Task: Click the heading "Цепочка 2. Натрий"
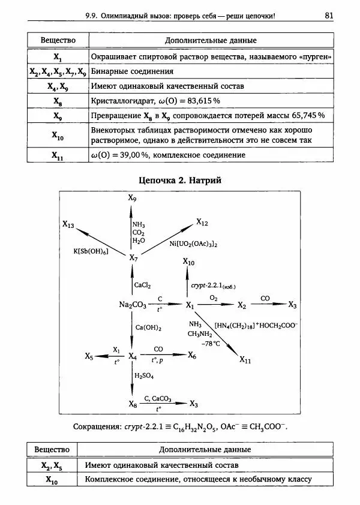181,179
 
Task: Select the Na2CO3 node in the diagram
133,305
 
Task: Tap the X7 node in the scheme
134,257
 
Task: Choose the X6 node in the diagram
192,356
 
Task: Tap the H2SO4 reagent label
144,375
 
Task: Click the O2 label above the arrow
213,297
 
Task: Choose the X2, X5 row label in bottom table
53,465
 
